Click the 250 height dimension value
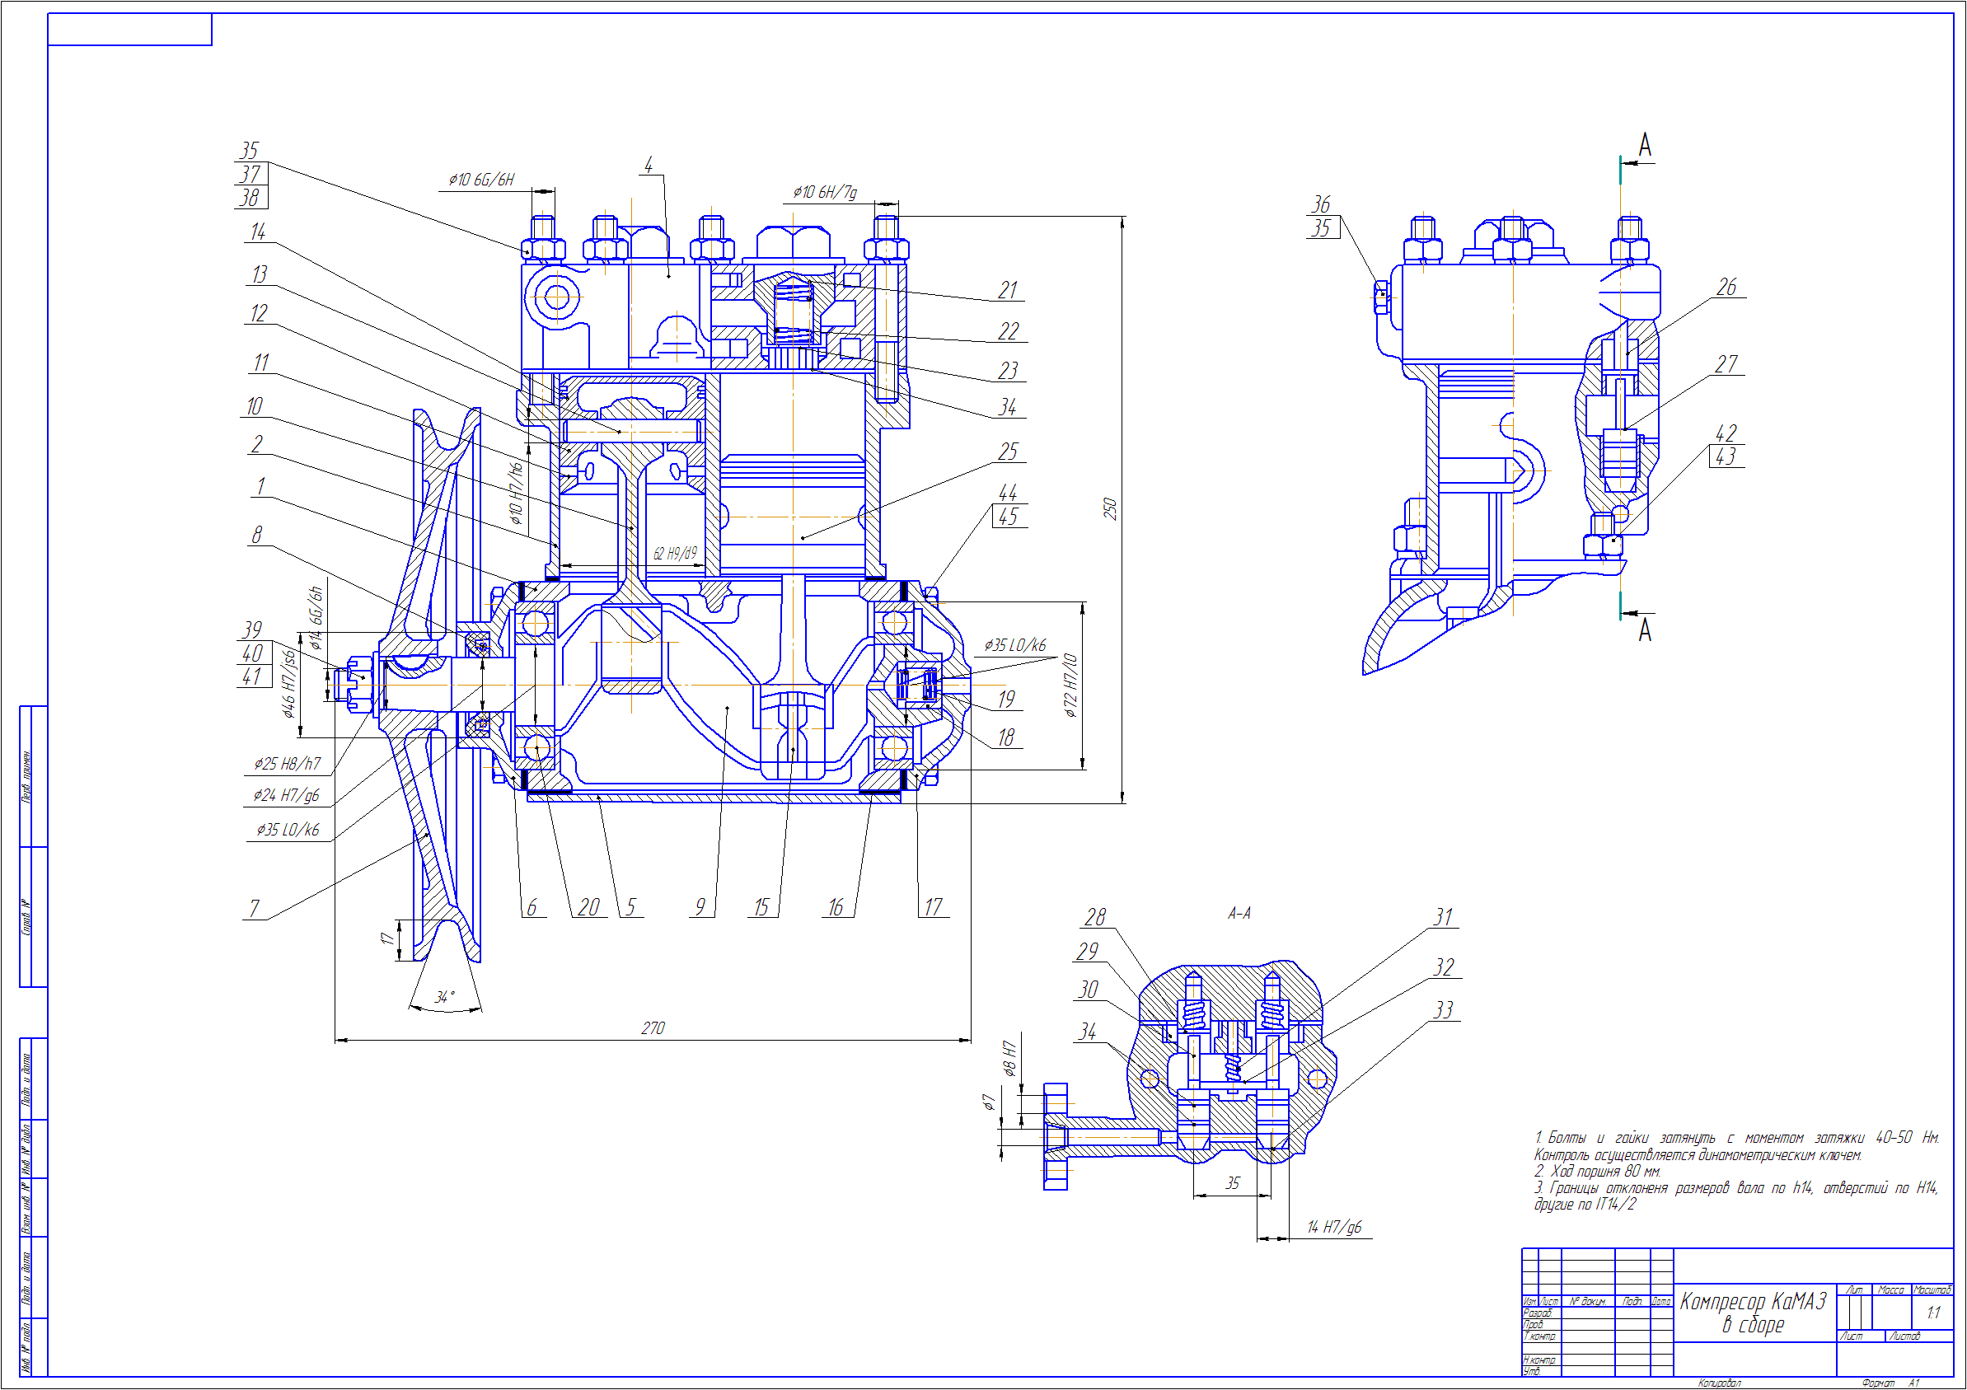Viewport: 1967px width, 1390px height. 1109,508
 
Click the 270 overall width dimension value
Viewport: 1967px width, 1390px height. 653,1027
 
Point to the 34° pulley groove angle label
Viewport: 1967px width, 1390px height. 445,997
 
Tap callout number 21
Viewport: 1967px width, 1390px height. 1008,290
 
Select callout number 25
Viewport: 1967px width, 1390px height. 1008,452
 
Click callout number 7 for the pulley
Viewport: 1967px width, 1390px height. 254,908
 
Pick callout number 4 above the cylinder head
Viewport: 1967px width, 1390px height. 649,165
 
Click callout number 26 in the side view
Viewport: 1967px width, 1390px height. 1726,287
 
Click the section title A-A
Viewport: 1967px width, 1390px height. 1239,914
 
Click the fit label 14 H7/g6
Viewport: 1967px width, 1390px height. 1334,1228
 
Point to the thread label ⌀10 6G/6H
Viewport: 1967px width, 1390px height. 481,180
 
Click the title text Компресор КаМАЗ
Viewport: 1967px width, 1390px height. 1753,1302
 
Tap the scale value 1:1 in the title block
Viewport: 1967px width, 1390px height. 1932,1313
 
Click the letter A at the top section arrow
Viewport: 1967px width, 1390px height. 1645,146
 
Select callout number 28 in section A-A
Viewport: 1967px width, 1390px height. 1095,917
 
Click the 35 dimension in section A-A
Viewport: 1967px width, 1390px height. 1232,1182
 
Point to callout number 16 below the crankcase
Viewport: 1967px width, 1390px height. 836,907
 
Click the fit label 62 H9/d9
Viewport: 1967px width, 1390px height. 675,553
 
